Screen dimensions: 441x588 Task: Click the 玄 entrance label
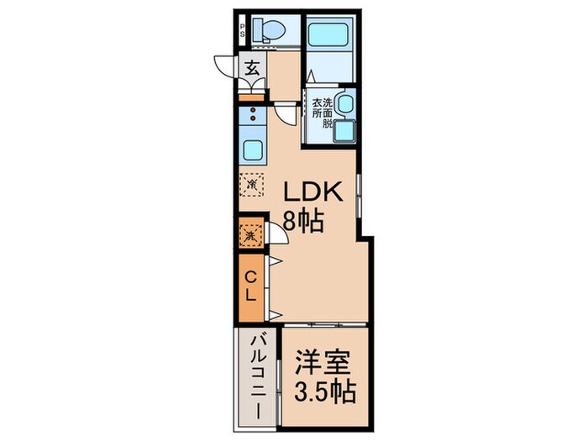(x=252, y=69)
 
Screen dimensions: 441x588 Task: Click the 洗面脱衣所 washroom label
(x=323, y=112)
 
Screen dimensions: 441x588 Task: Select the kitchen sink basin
(x=254, y=150)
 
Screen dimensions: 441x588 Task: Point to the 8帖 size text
(x=303, y=222)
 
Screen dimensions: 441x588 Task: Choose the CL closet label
(x=251, y=285)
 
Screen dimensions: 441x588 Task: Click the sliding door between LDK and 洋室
(x=323, y=323)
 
